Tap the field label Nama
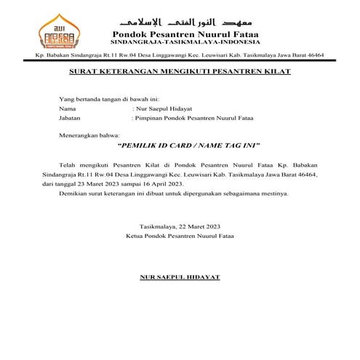(x=68, y=108)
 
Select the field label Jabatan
(x=70, y=116)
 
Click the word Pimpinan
(x=149, y=116)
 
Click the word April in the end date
(x=163, y=185)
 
